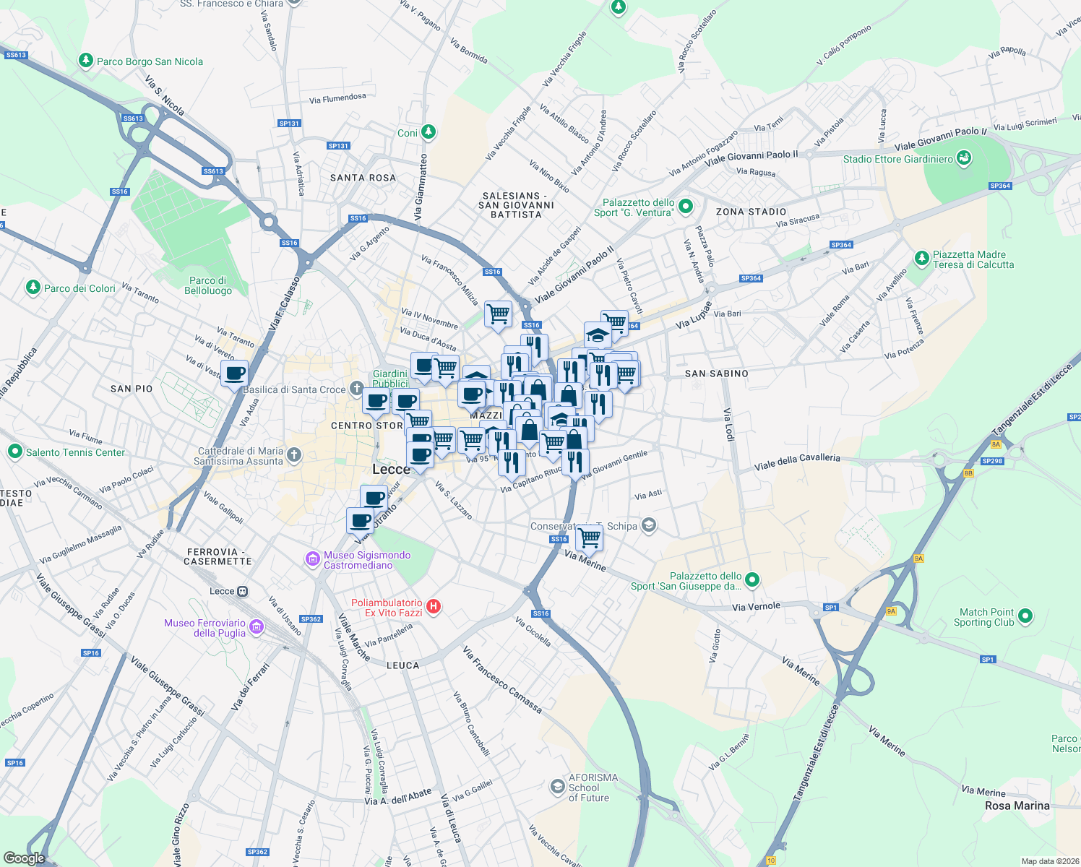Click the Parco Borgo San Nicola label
(x=150, y=61)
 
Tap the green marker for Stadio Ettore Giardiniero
(x=963, y=158)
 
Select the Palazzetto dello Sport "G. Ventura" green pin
(x=686, y=207)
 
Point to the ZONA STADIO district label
(x=751, y=212)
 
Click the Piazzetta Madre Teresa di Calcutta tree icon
(x=921, y=258)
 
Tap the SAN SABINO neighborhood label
(x=716, y=374)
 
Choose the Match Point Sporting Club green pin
(x=1025, y=617)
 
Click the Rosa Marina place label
(x=1017, y=806)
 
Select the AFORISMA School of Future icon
(x=557, y=787)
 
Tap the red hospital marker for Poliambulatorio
(x=434, y=607)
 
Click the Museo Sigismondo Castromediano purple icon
(x=312, y=558)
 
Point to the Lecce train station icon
(x=243, y=591)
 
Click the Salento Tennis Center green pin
(x=14, y=452)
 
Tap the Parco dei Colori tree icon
(x=33, y=288)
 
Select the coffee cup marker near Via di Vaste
(x=234, y=374)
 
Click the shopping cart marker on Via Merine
(x=590, y=537)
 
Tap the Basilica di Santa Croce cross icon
(x=356, y=389)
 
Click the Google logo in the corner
(x=24, y=858)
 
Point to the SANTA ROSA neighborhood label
(x=363, y=178)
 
